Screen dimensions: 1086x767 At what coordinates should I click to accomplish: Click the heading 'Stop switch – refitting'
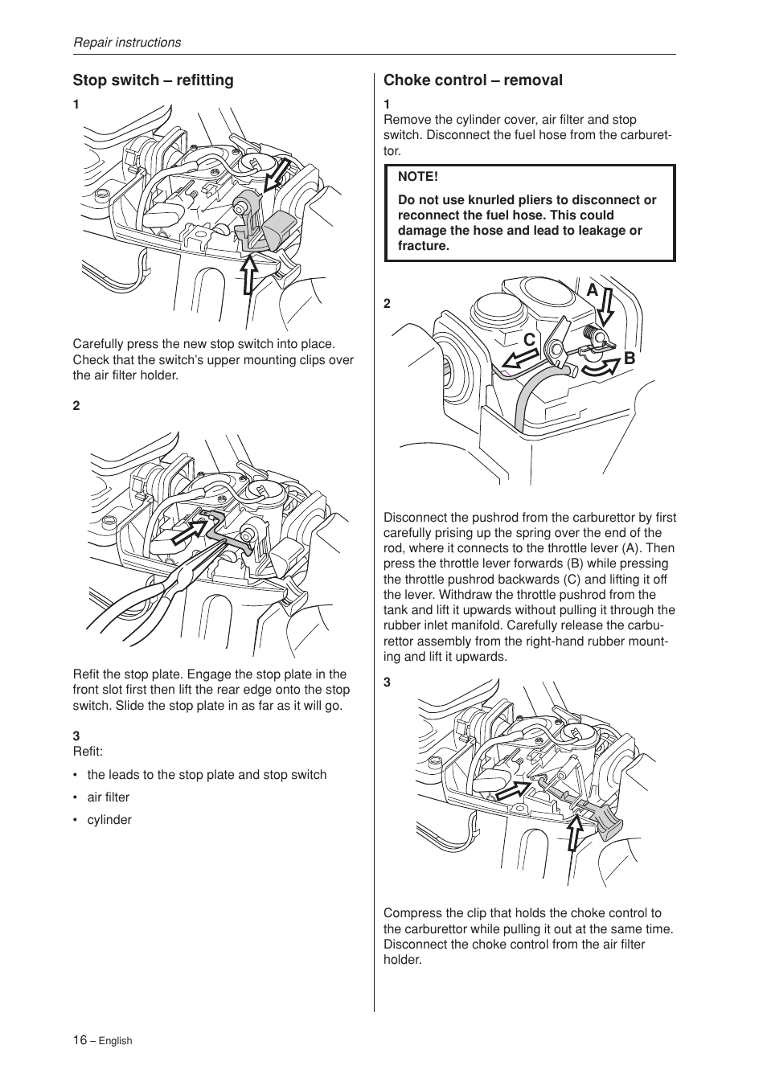[x=153, y=80]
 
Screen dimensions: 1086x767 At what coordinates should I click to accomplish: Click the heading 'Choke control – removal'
[x=473, y=80]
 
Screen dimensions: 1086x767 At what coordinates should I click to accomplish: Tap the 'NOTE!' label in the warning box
[x=417, y=176]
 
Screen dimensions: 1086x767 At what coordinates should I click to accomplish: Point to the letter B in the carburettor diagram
[x=630, y=359]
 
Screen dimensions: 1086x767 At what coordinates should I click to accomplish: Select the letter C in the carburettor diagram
[x=529, y=341]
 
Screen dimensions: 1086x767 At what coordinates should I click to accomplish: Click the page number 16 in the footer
[x=80, y=1039]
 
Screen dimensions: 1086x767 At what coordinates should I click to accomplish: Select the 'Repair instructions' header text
[x=127, y=43]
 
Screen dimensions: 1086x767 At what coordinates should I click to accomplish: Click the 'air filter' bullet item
[x=108, y=797]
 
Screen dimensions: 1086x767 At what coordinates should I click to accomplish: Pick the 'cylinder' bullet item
[x=109, y=820]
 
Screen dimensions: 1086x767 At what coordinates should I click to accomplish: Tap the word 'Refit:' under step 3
[x=88, y=752]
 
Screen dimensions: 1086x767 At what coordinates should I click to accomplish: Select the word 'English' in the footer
[x=115, y=1041]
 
